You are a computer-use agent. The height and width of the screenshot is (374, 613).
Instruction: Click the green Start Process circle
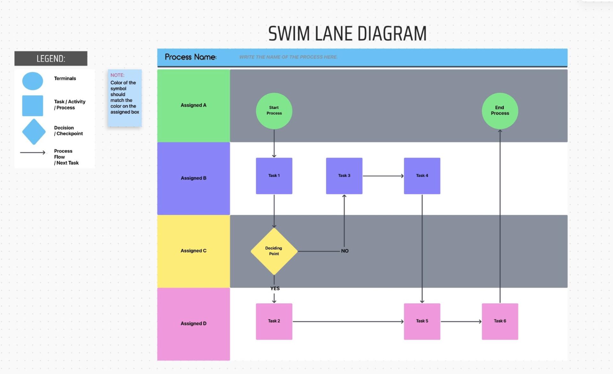tap(274, 111)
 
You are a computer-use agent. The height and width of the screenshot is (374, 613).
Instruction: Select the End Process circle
tap(500, 111)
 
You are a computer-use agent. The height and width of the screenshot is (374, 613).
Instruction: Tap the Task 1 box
tap(274, 175)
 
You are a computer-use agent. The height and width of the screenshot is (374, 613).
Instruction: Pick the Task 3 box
tap(344, 175)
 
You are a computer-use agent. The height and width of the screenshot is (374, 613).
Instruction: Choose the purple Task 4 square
tap(422, 175)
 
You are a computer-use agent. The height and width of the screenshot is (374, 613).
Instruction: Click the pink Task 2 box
tap(274, 321)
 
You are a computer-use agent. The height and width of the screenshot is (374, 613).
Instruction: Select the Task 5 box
tap(422, 321)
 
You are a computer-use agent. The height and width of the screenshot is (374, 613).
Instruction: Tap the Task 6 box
tap(500, 321)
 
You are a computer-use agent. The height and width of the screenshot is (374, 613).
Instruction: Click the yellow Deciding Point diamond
tap(274, 251)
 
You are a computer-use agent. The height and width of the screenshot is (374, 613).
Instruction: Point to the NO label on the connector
tap(344, 251)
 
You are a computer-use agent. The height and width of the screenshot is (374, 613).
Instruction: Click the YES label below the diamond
tap(275, 288)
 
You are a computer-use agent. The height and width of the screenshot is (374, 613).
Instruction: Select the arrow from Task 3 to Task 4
tap(383, 176)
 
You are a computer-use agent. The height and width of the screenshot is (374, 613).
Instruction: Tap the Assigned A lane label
tap(193, 105)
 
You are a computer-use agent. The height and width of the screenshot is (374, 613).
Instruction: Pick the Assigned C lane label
tap(193, 251)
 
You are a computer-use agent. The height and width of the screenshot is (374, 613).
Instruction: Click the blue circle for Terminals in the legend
tap(33, 81)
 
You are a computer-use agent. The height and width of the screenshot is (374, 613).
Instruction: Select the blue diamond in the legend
tap(34, 131)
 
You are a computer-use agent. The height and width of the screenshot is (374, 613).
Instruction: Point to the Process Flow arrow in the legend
tap(33, 152)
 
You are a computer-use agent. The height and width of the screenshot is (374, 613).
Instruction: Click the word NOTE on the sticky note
tap(117, 75)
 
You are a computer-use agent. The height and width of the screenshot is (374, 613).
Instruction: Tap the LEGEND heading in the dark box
tap(51, 58)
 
